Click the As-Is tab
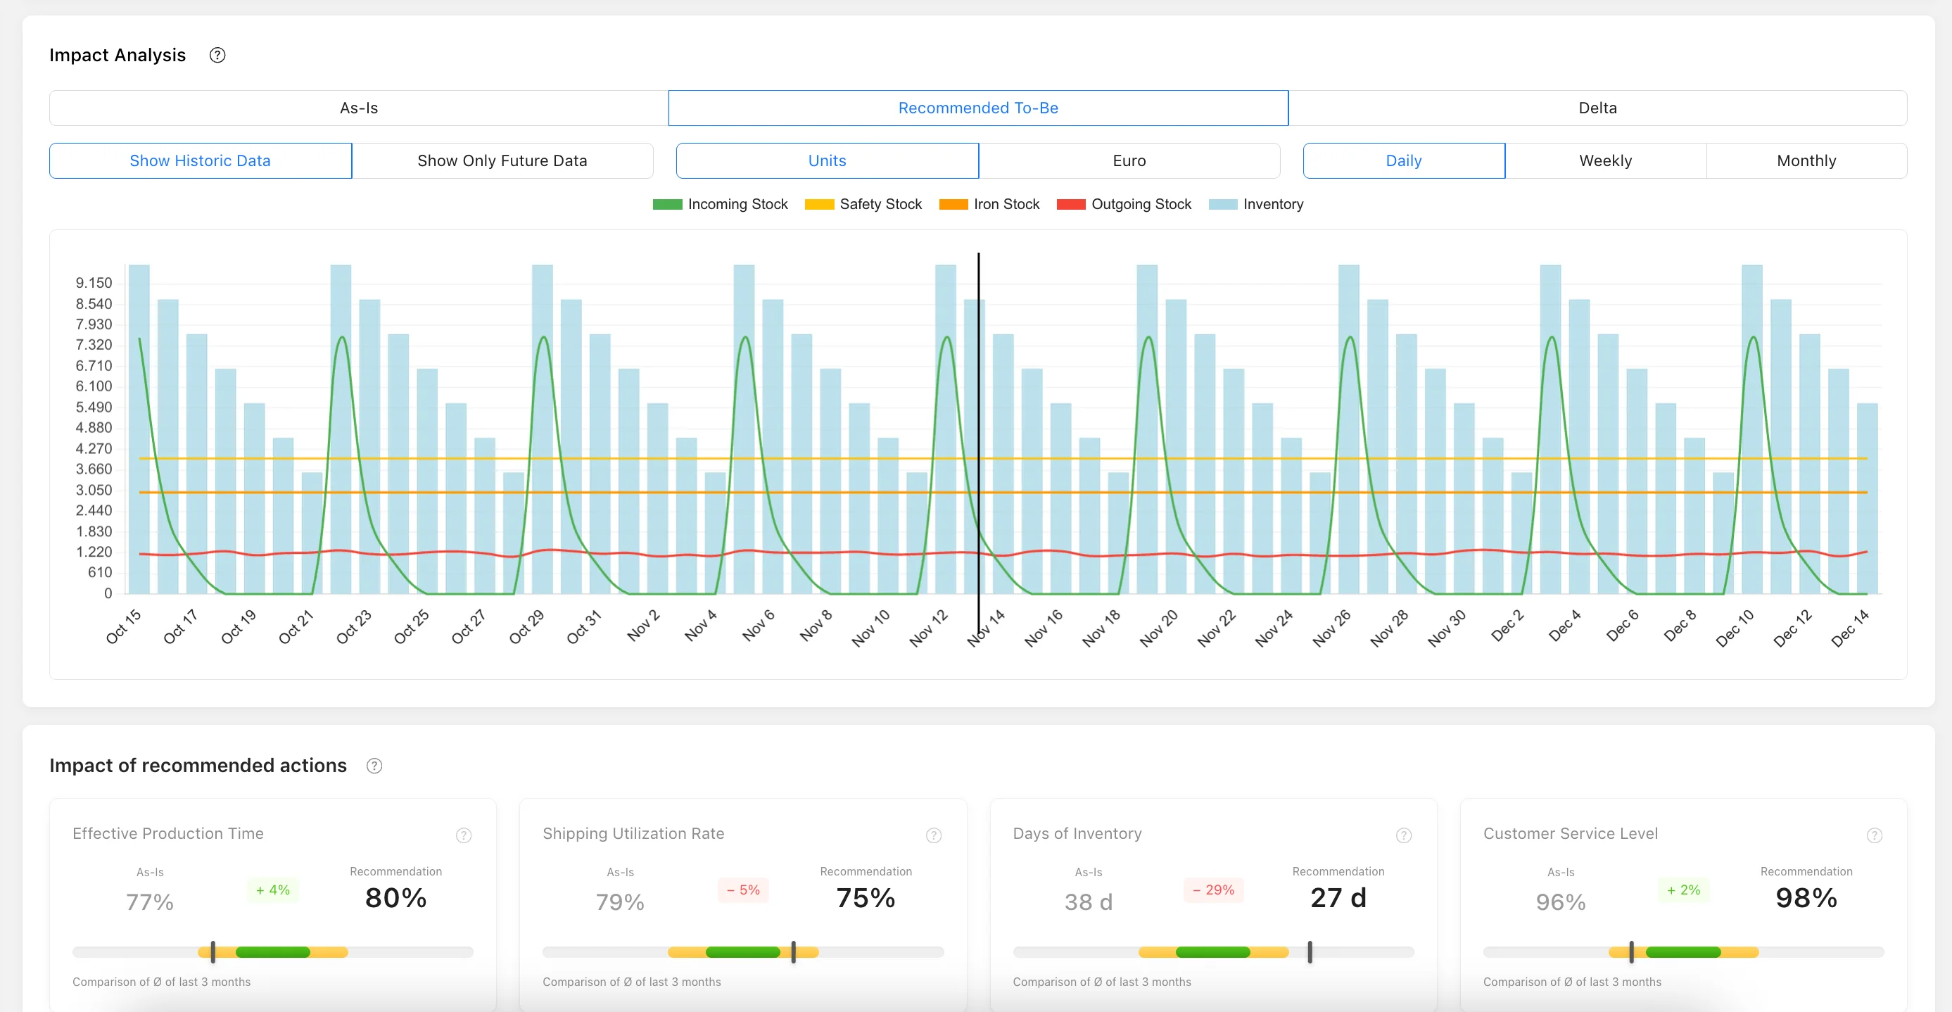pyautogui.click(x=358, y=108)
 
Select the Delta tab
pyautogui.click(x=1597, y=108)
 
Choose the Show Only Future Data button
pyautogui.click(x=502, y=160)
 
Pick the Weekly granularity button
pyautogui.click(x=1605, y=160)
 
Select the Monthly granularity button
pyautogui.click(x=1806, y=160)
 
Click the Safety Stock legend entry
pyautogui.click(x=863, y=204)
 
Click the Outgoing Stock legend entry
pyautogui.click(x=1124, y=204)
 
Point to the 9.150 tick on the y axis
pyautogui.click(x=94, y=283)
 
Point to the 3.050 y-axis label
pyautogui.click(x=94, y=490)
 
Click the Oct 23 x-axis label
pyautogui.click(x=354, y=626)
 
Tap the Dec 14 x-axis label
pyautogui.click(x=1849, y=628)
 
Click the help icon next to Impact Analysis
pyautogui.click(x=217, y=56)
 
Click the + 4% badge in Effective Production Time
pyautogui.click(x=273, y=890)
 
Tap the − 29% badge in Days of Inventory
pyautogui.click(x=1213, y=890)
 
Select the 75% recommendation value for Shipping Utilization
pyautogui.click(x=866, y=897)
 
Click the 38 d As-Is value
pyautogui.click(x=1088, y=902)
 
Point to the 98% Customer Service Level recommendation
pyautogui.click(x=1806, y=897)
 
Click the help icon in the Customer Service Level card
pyautogui.click(x=1874, y=835)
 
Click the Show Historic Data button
pyautogui.click(x=200, y=160)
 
